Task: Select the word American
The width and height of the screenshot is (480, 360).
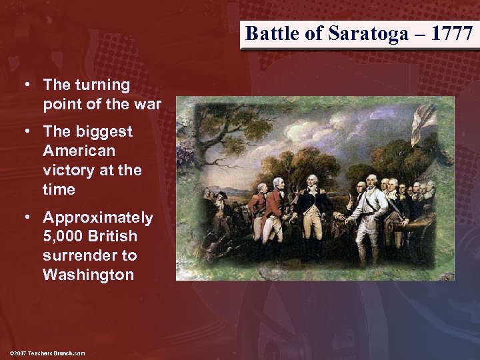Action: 79,151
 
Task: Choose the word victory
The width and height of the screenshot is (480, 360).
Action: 67,170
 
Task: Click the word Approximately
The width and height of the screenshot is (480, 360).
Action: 98,218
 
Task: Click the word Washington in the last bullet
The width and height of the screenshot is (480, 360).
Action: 88,275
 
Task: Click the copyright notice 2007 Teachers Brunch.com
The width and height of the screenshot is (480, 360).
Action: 47,353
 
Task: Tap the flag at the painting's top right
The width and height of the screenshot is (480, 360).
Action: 421,123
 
